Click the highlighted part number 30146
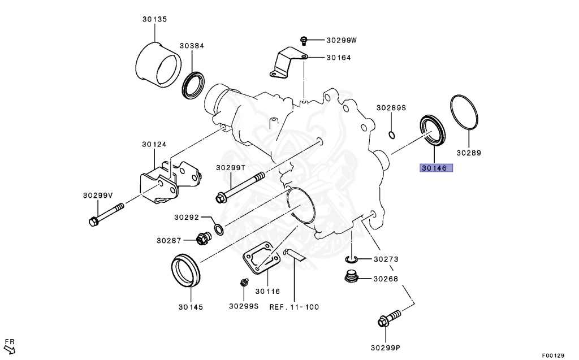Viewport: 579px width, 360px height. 436,168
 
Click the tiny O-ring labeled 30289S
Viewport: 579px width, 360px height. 391,135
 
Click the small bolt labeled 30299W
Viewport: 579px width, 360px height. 304,40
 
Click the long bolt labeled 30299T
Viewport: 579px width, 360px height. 240,188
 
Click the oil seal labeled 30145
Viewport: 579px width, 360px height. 185,271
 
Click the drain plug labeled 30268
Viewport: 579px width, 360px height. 351,277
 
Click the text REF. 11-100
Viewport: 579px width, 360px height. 293,307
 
